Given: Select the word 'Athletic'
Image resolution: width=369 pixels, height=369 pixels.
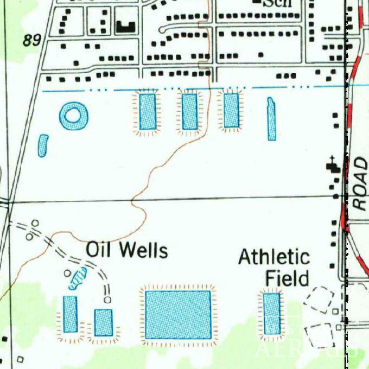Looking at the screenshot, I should tap(274, 257).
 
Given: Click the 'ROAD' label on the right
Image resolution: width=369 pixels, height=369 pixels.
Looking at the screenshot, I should tap(360, 183).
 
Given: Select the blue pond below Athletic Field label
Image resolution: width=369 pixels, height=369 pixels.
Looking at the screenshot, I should tap(272, 313).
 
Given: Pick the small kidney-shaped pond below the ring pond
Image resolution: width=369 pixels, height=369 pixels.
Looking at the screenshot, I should tap(43, 145).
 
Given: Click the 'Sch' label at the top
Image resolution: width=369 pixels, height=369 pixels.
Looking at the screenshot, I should tap(277, 4).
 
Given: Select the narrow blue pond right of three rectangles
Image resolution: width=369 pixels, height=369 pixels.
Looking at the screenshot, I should tap(271, 119).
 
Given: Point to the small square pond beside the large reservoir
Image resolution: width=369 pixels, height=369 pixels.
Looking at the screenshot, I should tap(103, 322).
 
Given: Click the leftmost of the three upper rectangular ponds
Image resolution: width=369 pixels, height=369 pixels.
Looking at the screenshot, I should tap(147, 111).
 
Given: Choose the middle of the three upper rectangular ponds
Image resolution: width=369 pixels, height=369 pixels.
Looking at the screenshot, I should tap(189, 111).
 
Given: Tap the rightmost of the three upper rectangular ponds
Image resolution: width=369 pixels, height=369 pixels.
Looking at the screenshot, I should tap(231, 110).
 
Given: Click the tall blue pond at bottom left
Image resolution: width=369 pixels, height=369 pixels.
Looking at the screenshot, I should tap(70, 314).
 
